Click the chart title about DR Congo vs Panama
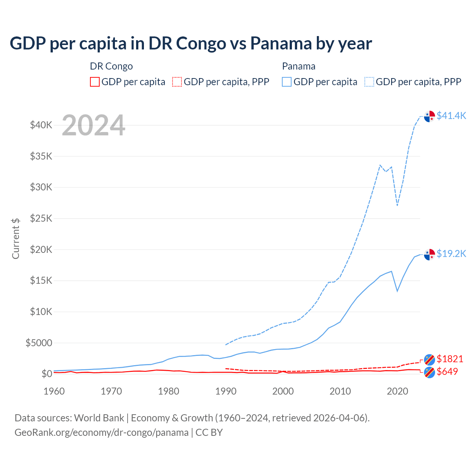[x=191, y=43]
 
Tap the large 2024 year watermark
[x=93, y=125]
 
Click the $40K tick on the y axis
[x=41, y=125]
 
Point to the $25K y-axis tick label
[x=41, y=218]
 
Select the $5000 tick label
[x=39, y=343]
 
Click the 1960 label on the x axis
[x=54, y=391]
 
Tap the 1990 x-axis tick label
[x=226, y=391]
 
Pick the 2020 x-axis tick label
[x=398, y=391]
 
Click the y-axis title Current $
[x=16, y=238]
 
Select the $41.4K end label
[x=451, y=116]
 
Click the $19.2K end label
[x=451, y=254]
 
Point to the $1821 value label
[x=450, y=359]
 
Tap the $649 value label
[x=447, y=372]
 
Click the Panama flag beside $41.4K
[x=430, y=116]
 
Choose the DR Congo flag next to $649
[x=430, y=372]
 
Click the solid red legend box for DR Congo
[x=95, y=82]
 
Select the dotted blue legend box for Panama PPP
[x=369, y=82]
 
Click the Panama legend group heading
[x=299, y=66]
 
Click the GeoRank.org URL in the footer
[x=102, y=432]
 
